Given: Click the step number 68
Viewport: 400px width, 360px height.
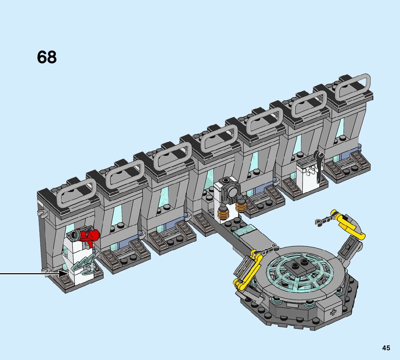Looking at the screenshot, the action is [47, 57].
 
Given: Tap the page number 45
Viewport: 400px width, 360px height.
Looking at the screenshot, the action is [386, 348].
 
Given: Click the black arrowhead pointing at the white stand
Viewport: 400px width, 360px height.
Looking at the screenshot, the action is [64, 274].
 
